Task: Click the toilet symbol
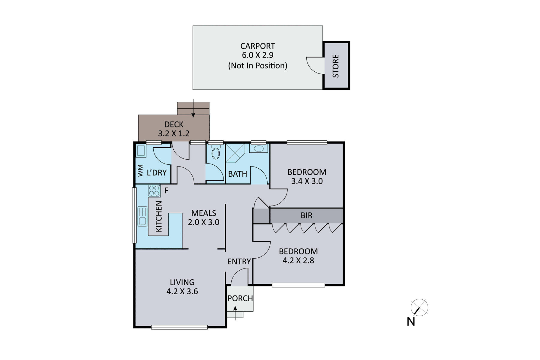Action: (x=216, y=152)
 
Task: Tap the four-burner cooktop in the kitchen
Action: (x=154, y=191)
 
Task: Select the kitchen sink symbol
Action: (x=142, y=216)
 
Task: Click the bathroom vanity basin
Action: (x=259, y=148)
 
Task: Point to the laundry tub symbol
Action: (x=141, y=151)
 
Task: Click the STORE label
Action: (x=336, y=66)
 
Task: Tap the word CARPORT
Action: (x=258, y=46)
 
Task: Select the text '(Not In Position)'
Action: (x=258, y=66)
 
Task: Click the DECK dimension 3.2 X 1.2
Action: (x=174, y=133)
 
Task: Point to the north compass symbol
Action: (x=419, y=307)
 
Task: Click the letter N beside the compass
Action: (x=411, y=322)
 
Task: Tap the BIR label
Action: (x=307, y=215)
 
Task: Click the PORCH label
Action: (x=240, y=298)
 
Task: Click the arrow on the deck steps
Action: (x=193, y=108)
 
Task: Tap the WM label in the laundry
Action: (x=140, y=170)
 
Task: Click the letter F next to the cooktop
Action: (x=166, y=190)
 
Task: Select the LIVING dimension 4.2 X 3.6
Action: (x=182, y=292)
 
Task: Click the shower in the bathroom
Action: (x=235, y=153)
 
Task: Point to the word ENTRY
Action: (x=239, y=262)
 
